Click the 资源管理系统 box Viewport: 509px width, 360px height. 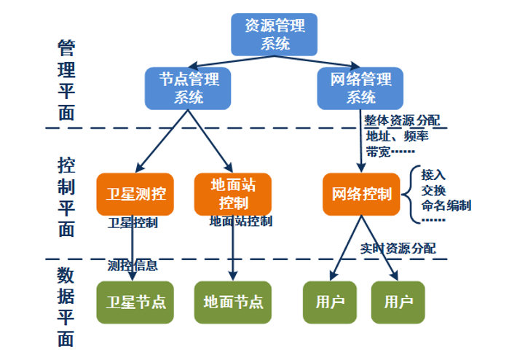(x=275, y=34)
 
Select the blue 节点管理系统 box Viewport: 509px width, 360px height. (x=188, y=87)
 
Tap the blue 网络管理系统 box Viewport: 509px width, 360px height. (x=360, y=87)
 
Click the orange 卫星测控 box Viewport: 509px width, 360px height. (x=135, y=194)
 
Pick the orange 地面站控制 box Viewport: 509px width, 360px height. (x=233, y=194)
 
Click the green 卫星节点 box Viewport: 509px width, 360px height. (x=135, y=302)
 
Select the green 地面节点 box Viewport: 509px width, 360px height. (x=233, y=302)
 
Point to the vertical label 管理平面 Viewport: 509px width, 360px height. (x=66, y=80)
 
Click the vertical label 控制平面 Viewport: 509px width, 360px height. (x=66, y=197)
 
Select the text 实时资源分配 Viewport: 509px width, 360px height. (x=398, y=248)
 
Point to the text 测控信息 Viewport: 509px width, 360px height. (x=132, y=265)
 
